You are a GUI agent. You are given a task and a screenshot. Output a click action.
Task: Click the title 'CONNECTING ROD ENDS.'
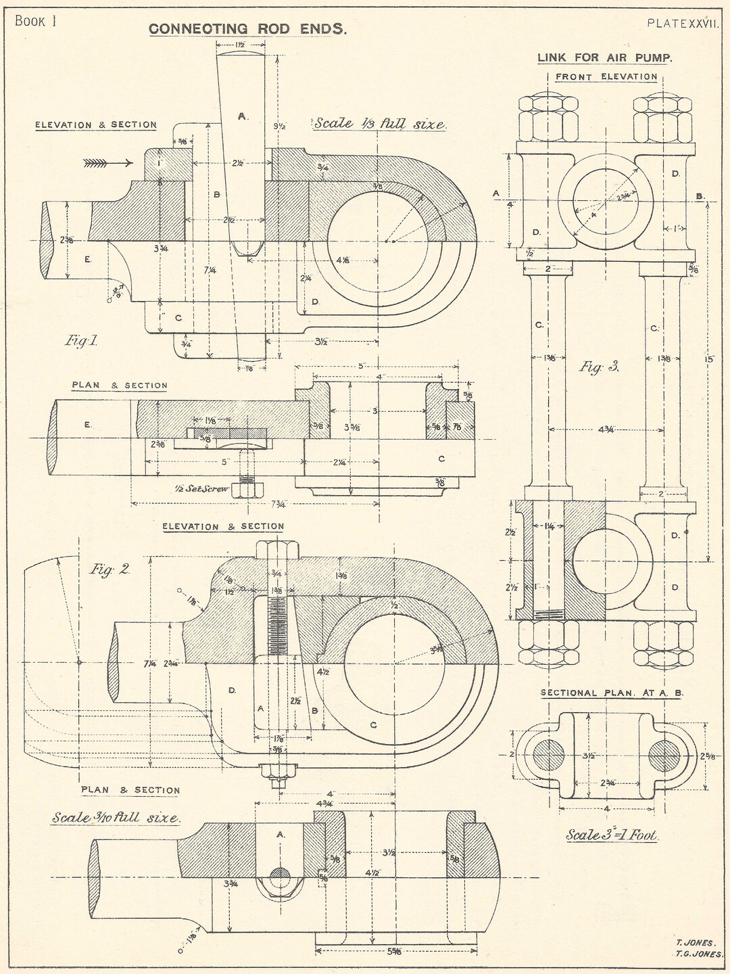247,28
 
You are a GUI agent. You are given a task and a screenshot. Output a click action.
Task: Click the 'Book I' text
35,21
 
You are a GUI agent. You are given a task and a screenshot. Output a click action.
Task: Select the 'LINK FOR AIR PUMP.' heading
605,58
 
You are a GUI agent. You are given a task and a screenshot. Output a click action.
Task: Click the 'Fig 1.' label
81,341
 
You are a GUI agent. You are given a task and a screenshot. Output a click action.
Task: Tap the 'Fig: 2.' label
110,569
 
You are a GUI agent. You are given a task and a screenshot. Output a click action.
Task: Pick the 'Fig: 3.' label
599,367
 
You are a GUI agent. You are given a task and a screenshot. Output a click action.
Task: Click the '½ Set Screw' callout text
199,488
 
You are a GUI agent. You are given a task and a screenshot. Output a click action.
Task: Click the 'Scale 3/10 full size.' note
116,818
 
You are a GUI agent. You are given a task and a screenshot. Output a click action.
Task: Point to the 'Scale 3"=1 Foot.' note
612,835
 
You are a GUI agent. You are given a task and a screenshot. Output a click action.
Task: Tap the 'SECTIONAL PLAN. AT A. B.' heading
612,693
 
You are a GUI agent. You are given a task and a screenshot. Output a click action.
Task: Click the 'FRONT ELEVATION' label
606,77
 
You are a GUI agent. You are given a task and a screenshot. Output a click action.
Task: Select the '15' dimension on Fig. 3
708,360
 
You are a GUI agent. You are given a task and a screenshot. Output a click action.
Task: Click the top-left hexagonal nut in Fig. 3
548,118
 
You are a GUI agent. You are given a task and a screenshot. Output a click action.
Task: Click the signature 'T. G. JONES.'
699,954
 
